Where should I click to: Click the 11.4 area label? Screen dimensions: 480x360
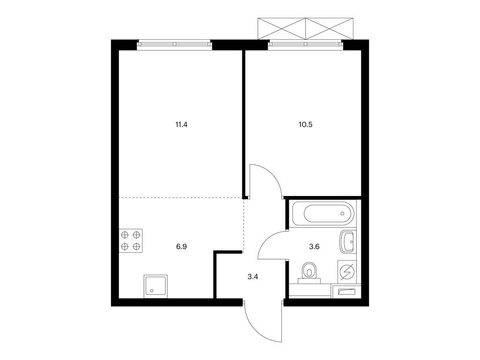[x=181, y=125]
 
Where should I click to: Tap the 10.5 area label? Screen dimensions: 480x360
[x=306, y=125]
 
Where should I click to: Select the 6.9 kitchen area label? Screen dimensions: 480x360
[x=181, y=247]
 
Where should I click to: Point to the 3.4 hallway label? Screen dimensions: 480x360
[x=253, y=277]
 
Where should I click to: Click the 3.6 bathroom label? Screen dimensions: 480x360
[x=315, y=247]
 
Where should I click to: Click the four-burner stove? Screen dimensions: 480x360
[x=131, y=241]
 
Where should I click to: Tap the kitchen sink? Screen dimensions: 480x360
[x=156, y=286]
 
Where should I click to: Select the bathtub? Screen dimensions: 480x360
[x=323, y=214]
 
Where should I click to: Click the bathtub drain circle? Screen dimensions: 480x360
[x=342, y=214]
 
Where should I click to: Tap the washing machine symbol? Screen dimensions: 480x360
[x=347, y=271]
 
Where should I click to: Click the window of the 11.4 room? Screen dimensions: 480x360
[x=174, y=45]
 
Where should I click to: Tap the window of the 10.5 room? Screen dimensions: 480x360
[x=306, y=45]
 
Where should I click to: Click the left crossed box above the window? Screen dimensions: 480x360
[x=282, y=29]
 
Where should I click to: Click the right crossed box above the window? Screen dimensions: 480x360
[x=330, y=29]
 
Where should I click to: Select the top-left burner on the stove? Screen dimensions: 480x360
[x=125, y=235]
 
